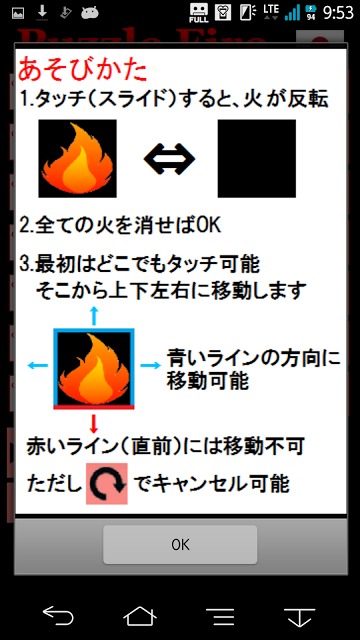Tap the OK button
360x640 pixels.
180,545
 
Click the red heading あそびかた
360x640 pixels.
83,71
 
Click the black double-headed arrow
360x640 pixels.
169,157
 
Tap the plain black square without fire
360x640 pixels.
257,157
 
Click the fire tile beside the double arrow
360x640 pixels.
79,157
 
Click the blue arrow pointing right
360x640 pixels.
149,365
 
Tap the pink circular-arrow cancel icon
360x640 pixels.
106,483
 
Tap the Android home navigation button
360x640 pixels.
139,614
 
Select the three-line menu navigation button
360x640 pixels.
220,614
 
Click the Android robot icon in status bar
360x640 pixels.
89,13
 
